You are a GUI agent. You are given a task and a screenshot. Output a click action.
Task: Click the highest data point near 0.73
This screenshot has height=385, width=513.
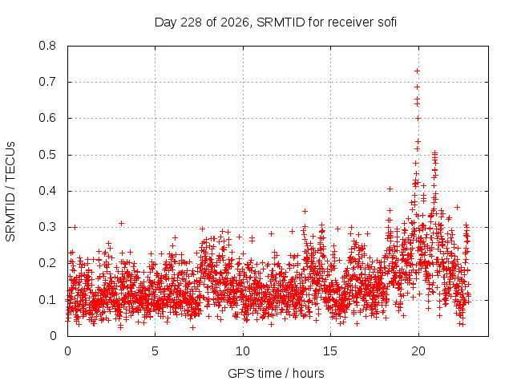click(417, 71)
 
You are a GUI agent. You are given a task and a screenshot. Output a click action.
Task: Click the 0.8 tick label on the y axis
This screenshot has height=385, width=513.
click(47, 46)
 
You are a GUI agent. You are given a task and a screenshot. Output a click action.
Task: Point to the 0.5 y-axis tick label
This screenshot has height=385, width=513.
click(47, 155)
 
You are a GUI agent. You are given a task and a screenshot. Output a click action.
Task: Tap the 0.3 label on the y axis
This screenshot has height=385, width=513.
click(47, 227)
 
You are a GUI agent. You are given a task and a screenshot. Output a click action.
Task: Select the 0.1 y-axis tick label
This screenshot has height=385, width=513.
click(47, 300)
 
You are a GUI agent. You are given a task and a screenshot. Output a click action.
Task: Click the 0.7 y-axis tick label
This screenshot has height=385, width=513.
click(47, 82)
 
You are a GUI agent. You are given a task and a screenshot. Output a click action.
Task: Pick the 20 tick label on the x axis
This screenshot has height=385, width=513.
click(418, 351)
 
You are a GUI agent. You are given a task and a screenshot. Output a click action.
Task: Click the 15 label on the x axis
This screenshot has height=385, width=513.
click(330, 351)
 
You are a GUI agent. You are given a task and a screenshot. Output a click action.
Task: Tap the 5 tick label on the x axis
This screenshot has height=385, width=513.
click(155, 351)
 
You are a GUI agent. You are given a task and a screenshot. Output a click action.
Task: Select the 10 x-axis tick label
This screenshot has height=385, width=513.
click(243, 351)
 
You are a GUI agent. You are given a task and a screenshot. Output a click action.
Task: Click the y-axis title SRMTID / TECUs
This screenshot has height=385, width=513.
click(10, 192)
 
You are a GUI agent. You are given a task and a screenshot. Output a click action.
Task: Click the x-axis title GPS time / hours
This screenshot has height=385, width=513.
click(276, 374)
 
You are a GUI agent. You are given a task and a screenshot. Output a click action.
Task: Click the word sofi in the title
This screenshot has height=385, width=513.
click(387, 22)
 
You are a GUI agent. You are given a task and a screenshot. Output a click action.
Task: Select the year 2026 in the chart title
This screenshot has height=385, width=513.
click(234, 22)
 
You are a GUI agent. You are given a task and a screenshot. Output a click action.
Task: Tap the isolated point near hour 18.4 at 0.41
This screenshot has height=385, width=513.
click(390, 189)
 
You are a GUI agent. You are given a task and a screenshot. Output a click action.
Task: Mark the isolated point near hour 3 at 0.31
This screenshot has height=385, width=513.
click(121, 224)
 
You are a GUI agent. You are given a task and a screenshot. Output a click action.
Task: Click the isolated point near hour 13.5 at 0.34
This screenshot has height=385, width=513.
click(305, 212)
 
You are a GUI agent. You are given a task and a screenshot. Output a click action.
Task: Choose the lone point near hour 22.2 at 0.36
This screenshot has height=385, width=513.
click(458, 207)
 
